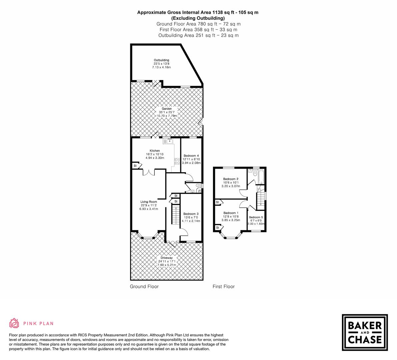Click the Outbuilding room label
click(161, 60)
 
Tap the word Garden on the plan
click(167, 109)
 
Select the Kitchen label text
click(155, 151)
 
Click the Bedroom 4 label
click(191, 156)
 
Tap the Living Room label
click(148, 202)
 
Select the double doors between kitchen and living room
click(149, 172)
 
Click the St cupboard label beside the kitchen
click(135, 166)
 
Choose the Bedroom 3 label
click(191, 214)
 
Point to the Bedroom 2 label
click(230, 179)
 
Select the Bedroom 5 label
click(256, 217)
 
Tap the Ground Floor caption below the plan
click(144, 286)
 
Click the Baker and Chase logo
click(365, 332)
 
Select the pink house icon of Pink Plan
click(14, 323)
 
